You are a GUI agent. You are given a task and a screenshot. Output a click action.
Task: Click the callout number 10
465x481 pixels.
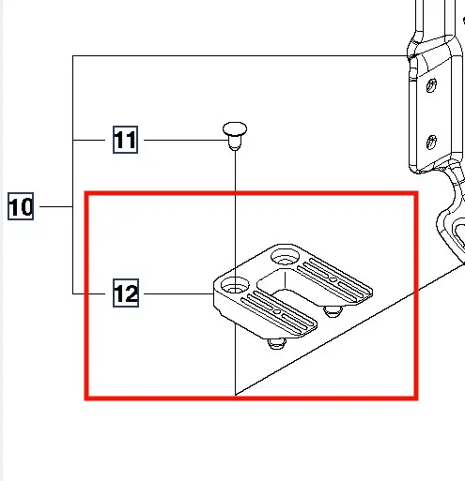click(x=21, y=206)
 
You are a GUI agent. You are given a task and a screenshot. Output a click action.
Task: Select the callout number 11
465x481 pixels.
click(x=125, y=140)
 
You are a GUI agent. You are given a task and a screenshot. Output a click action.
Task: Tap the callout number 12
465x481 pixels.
click(x=126, y=293)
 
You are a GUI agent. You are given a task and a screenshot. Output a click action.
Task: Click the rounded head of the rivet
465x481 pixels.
click(x=235, y=128)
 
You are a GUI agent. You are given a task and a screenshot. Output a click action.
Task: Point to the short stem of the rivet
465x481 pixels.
click(x=235, y=143)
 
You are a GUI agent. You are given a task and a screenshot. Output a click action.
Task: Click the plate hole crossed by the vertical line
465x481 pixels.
click(x=235, y=286)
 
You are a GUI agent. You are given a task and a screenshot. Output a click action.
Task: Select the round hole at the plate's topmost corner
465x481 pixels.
click(x=285, y=257)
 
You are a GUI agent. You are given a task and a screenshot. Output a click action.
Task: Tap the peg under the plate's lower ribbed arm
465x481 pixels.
click(x=276, y=343)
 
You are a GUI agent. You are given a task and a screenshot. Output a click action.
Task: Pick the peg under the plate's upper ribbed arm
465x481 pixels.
click(x=333, y=311)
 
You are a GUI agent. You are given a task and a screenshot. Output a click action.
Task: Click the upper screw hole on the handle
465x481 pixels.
click(x=431, y=85)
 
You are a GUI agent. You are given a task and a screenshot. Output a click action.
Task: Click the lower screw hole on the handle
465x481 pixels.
click(x=431, y=143)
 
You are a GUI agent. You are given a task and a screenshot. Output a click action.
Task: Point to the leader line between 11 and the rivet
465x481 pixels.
click(x=187, y=140)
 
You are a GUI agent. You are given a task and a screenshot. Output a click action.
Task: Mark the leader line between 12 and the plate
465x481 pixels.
click(x=178, y=293)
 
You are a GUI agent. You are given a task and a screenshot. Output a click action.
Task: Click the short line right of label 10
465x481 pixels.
click(x=56, y=206)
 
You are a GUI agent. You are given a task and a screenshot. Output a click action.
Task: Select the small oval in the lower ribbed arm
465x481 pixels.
click(x=277, y=312)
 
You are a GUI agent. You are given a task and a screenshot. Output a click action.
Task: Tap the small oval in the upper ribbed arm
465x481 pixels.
click(x=333, y=279)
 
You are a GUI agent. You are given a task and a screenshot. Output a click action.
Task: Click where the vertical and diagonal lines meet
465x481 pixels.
click(x=236, y=395)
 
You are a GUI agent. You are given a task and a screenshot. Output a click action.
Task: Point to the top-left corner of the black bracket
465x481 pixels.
click(x=73, y=56)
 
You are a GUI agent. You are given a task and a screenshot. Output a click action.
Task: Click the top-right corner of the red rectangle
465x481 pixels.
click(x=417, y=193)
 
